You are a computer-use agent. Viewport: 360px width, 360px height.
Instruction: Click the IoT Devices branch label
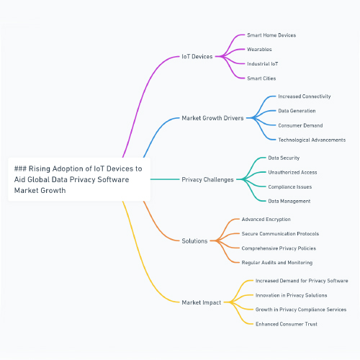[197, 57]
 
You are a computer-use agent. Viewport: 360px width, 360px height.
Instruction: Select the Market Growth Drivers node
[212, 118]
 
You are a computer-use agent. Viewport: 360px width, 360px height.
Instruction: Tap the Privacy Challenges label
[207, 180]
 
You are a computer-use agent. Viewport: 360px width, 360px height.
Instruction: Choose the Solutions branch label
[194, 241]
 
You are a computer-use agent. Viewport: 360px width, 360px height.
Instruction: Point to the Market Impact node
[202, 302]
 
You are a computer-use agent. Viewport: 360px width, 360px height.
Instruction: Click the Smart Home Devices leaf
[271, 35]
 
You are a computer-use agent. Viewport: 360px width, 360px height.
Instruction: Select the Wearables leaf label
[259, 50]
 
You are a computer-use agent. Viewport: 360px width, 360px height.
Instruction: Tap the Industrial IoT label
[263, 64]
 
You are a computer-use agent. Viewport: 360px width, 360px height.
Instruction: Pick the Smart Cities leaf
[261, 78]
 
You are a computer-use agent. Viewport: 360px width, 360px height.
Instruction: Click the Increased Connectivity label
[305, 96]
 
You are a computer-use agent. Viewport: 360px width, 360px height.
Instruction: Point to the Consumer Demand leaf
[300, 125]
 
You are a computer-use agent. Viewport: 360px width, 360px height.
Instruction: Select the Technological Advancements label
[312, 140]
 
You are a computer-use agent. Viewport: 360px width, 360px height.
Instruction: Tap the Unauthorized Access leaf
[292, 172]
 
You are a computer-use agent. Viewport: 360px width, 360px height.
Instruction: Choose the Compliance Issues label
[290, 187]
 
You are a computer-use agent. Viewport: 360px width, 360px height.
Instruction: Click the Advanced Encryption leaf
[266, 220]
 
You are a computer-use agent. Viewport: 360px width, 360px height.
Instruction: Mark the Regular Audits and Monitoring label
[277, 263]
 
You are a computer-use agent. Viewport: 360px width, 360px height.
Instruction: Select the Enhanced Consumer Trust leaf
[287, 324]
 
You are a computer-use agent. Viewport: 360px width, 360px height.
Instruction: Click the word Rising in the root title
[40, 169]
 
